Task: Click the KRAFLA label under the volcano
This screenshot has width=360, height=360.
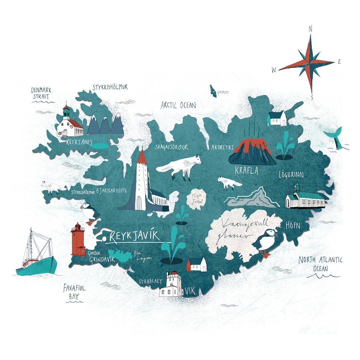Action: pyautogui.click(x=247, y=171)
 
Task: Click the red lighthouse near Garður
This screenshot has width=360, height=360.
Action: pyautogui.click(x=78, y=240)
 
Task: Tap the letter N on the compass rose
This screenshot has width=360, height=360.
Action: pyautogui.click(x=311, y=29)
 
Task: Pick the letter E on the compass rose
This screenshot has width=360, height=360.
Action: pyautogui.click(x=339, y=61)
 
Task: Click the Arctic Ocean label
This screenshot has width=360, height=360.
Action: pyautogui.click(x=178, y=105)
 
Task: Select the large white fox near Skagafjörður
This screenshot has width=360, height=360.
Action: pyautogui.click(x=180, y=167)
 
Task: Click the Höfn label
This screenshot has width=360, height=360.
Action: pyautogui.click(x=293, y=225)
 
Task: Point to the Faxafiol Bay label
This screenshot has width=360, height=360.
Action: pyautogui.click(x=74, y=291)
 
